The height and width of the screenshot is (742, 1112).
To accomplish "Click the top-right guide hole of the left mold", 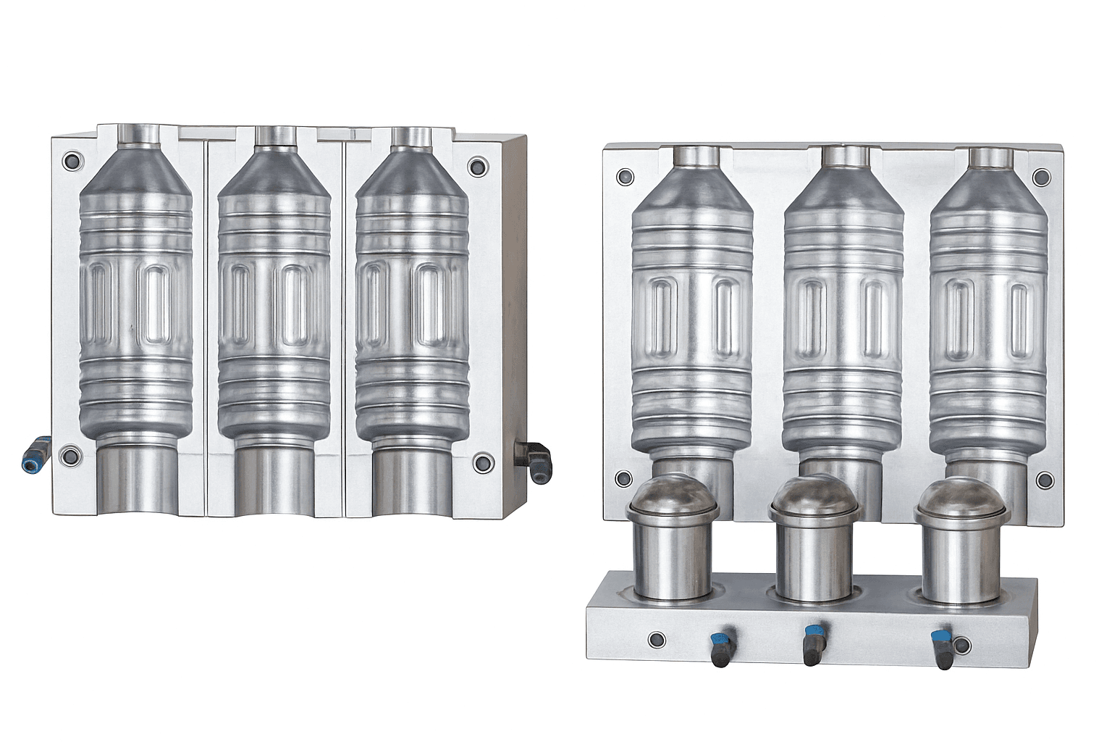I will point(477,165).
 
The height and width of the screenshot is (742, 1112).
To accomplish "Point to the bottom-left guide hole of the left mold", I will point(70,456).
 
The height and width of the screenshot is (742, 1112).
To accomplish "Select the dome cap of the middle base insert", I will point(814,495).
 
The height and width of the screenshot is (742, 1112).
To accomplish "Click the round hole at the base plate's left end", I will point(657,639).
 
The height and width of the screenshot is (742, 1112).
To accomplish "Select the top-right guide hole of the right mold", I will point(1041,177).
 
